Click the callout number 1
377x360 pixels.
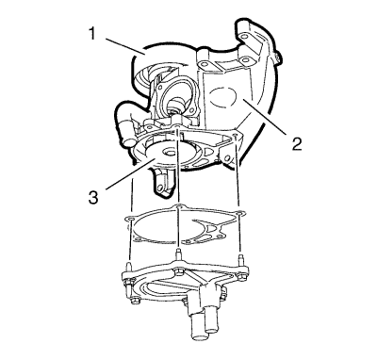point(91,33)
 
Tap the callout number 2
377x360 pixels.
point(296,143)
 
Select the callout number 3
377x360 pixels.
point(93,198)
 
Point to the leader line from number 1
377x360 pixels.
point(124,46)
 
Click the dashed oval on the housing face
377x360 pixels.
point(222,96)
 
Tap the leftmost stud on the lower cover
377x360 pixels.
point(129,267)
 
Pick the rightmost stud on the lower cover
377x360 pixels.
point(240,260)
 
